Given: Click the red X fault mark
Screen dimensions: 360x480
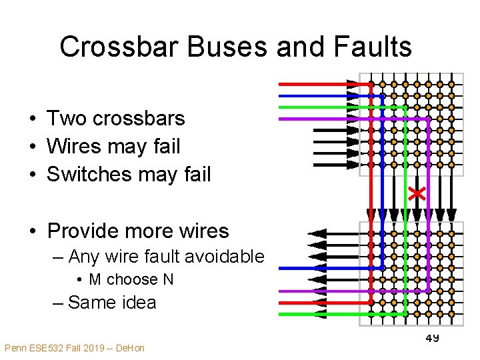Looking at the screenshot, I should pos(417,193).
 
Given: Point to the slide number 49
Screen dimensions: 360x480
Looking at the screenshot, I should pos(432,339).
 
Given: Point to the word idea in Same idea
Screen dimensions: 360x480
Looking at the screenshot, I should pos(139,303).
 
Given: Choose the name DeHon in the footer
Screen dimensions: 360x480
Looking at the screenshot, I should pos(129,348).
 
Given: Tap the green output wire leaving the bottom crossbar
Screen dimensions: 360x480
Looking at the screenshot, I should pos(320,313).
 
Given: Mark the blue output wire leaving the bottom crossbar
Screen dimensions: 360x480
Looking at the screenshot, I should pos(320,268).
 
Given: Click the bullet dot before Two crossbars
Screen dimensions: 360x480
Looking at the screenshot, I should pos(32,119).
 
